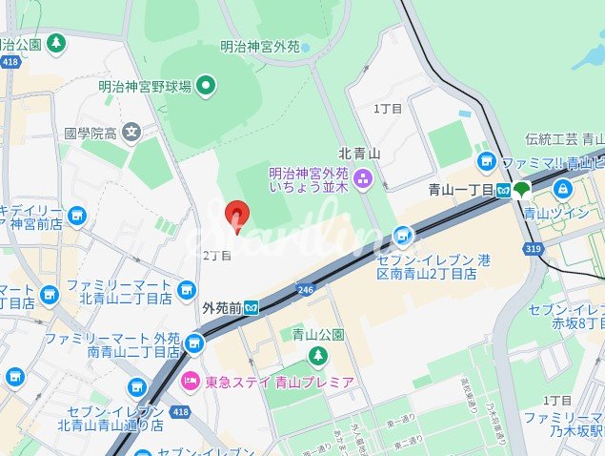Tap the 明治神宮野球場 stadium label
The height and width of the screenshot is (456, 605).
(x=145, y=87)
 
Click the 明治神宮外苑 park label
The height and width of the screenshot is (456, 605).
(x=260, y=46)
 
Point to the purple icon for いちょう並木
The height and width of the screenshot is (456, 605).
(x=362, y=178)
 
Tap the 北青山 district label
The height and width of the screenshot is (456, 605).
(x=359, y=153)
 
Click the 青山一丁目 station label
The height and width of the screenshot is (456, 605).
(x=461, y=190)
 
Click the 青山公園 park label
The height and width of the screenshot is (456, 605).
(x=317, y=335)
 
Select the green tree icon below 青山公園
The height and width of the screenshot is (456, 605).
(x=317, y=356)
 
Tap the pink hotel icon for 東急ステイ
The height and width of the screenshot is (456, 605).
(x=191, y=383)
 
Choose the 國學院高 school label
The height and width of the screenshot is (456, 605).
(x=91, y=132)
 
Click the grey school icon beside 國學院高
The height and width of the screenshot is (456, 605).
(x=131, y=132)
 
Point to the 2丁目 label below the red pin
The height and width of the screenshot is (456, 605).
(x=217, y=256)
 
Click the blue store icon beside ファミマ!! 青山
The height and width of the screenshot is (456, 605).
(x=487, y=160)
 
